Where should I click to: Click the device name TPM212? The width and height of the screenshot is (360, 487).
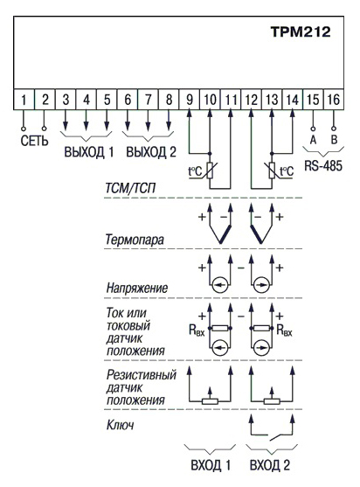click(x=301, y=31)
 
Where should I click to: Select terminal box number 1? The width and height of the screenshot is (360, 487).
click(x=24, y=100)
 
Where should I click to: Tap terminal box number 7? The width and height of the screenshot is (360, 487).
click(x=148, y=100)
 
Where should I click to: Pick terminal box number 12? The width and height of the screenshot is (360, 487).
click(x=251, y=100)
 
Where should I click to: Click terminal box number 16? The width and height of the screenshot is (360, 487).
click(x=334, y=100)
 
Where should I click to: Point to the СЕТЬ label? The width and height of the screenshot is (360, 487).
click(x=34, y=141)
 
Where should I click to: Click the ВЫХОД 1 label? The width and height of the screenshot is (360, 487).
click(x=89, y=152)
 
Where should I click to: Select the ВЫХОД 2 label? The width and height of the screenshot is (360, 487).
click(x=151, y=152)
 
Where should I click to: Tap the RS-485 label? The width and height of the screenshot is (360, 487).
click(x=323, y=165)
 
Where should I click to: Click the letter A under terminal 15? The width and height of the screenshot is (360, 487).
click(x=313, y=140)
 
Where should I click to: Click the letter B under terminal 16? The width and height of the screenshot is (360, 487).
click(x=334, y=140)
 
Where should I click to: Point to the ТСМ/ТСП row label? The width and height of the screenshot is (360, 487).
click(x=130, y=188)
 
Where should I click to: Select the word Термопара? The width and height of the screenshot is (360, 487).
click(x=135, y=240)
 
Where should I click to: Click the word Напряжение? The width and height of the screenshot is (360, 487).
click(x=137, y=288)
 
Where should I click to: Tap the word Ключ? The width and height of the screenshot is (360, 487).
click(x=120, y=425)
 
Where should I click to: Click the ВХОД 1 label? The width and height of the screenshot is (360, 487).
click(x=211, y=465)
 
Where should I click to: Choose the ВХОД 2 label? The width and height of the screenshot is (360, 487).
click(x=270, y=465)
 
